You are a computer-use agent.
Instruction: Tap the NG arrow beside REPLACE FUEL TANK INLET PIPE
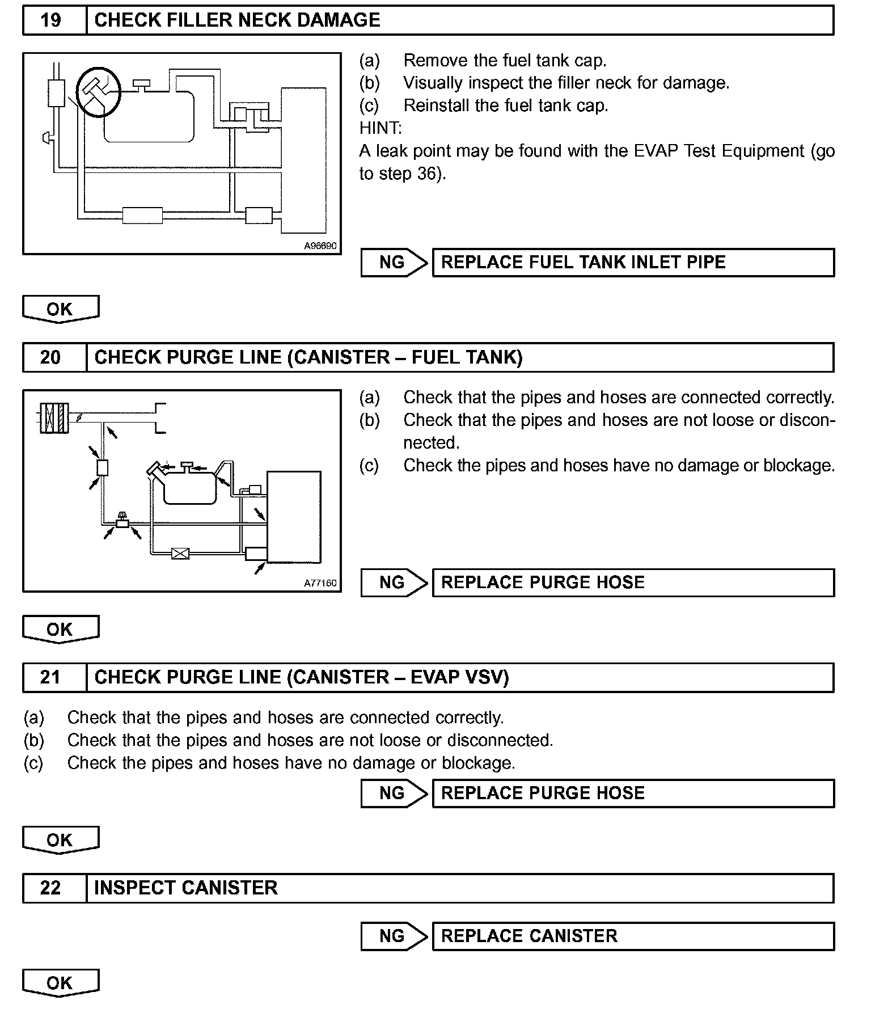[394, 263]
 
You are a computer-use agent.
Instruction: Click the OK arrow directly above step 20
[60, 309]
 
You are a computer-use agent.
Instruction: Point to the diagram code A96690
[320, 246]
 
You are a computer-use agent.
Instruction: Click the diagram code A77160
[320, 583]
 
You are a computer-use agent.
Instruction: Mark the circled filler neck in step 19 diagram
[99, 91]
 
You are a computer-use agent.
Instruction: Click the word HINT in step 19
[380, 128]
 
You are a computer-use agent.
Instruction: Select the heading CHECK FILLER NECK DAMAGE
[237, 20]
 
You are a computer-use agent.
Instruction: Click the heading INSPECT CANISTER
[186, 888]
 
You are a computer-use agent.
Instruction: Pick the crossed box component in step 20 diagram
[180, 553]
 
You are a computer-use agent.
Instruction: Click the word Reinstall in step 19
[435, 105]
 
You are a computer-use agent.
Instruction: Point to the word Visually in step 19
[434, 83]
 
